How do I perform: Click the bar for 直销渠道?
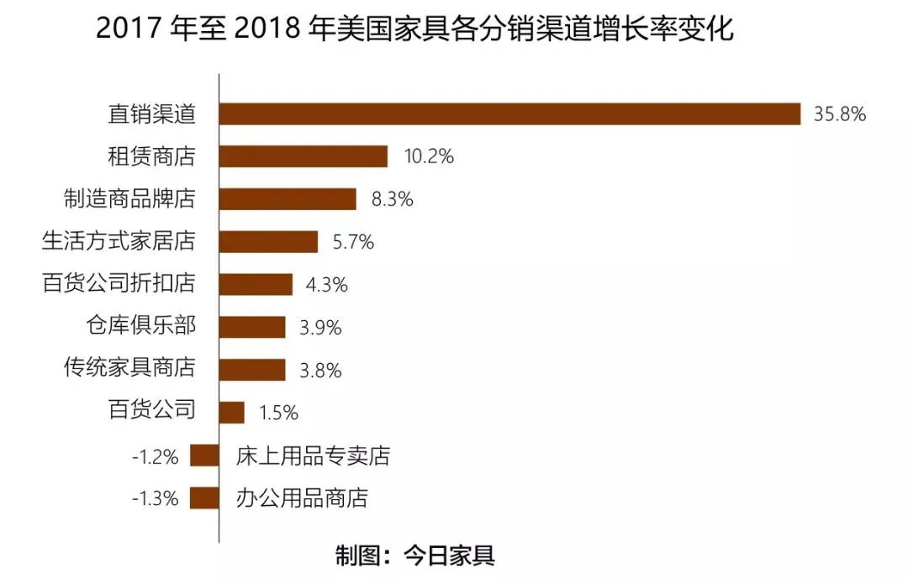pos(509,113)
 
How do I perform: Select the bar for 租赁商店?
pos(304,156)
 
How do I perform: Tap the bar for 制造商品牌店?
pos(288,199)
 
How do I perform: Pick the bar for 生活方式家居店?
pos(268,242)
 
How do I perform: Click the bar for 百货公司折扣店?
pos(256,284)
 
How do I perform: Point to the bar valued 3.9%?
pos(252,327)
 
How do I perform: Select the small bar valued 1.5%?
pos(232,413)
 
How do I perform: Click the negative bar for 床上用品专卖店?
pos(204,455)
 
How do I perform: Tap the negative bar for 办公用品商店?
pos(204,498)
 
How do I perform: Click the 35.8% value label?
pos(839,114)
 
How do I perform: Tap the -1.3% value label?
pos(156,499)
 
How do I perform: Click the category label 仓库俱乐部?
pos(140,326)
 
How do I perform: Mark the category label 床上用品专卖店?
pos(314,456)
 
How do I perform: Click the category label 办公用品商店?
pos(303,498)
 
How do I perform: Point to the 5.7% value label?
pos(353,243)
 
